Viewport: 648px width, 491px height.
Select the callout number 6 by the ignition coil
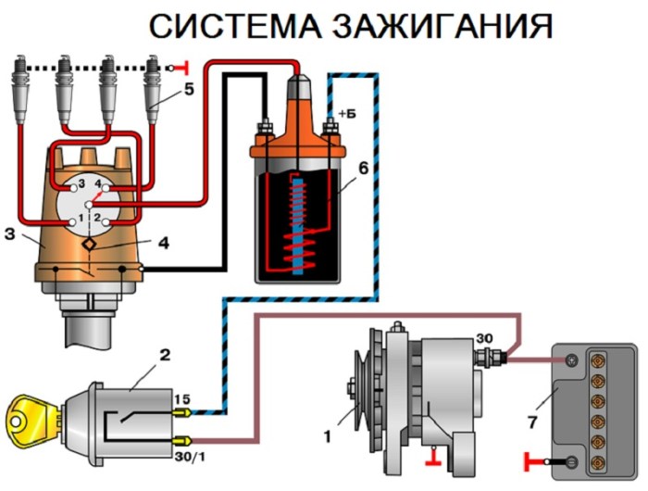(x=363, y=170)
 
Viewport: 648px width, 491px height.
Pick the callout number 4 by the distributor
(x=163, y=245)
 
